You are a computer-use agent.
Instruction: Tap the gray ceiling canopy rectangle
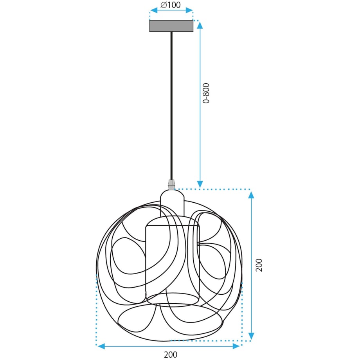point(171,26)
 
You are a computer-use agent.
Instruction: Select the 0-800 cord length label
point(206,93)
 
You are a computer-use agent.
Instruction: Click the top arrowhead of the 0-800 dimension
point(200,25)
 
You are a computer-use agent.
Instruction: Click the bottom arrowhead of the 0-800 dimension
point(200,184)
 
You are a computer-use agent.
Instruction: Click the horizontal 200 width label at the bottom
point(170,355)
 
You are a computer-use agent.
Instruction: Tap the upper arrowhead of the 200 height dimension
point(252,194)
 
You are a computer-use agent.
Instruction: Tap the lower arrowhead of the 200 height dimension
point(252,336)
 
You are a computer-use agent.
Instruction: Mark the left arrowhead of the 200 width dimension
point(101,346)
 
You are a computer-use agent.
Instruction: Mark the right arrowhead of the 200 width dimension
point(236,346)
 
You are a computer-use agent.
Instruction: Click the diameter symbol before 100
point(164,5)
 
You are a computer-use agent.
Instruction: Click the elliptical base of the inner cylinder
point(173,299)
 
